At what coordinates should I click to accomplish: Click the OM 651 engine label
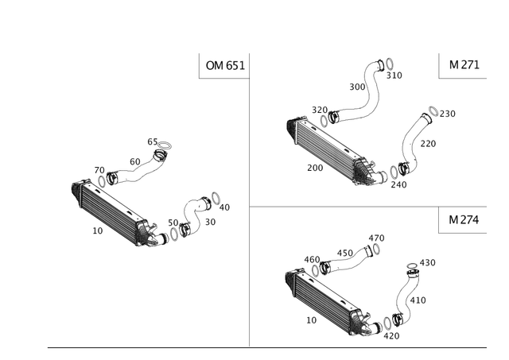click(225, 65)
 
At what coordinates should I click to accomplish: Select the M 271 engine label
click(464, 65)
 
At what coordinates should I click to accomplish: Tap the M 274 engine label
click(464, 220)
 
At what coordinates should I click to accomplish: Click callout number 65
click(152, 141)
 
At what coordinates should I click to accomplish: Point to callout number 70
click(99, 170)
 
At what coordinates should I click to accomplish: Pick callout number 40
click(224, 207)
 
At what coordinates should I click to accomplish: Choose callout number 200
click(315, 168)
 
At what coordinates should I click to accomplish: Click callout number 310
click(394, 75)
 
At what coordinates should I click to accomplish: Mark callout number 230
click(448, 114)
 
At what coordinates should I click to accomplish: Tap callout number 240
click(398, 184)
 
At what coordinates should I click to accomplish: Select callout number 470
click(376, 238)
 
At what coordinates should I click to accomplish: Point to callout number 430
click(428, 262)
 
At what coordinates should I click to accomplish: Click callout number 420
click(391, 336)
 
